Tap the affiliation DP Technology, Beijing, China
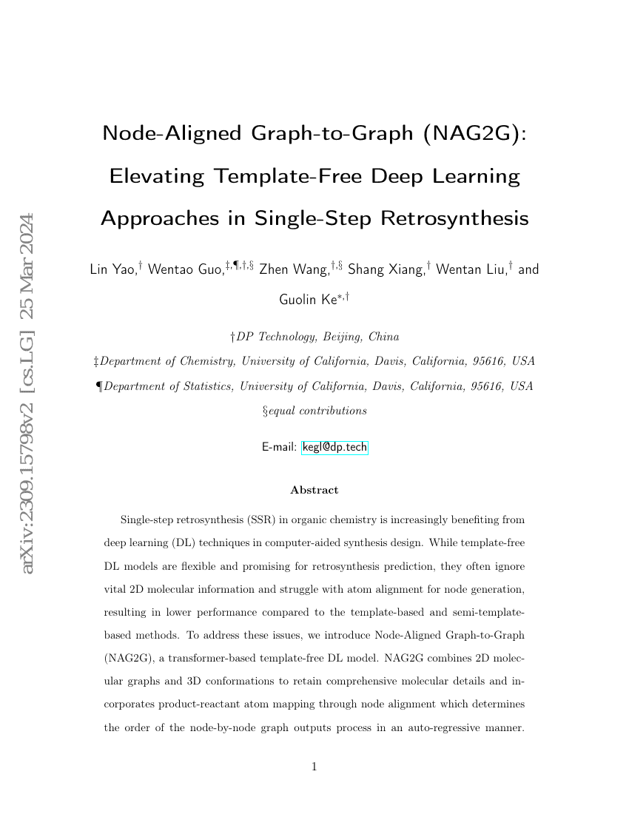coord(317,337)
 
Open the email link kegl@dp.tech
coord(334,447)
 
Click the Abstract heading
coord(314,490)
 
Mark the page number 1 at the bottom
coord(314,767)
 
